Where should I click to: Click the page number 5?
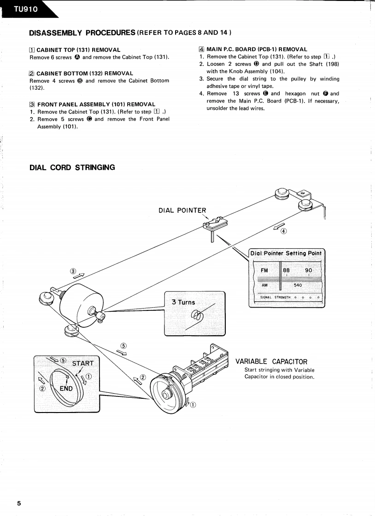(x=19, y=503)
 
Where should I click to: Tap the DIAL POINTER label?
(x=182, y=211)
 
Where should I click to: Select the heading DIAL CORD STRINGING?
(x=72, y=167)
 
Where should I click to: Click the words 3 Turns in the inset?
(x=183, y=302)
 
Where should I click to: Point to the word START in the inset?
(x=83, y=363)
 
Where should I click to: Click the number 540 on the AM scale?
(x=298, y=285)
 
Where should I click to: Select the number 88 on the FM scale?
(x=286, y=270)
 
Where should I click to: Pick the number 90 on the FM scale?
(x=308, y=270)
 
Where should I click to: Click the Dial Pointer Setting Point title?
(x=286, y=253)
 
